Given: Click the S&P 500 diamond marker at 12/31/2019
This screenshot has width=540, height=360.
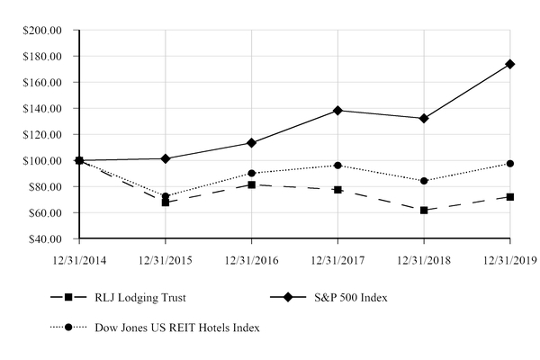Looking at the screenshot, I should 510,64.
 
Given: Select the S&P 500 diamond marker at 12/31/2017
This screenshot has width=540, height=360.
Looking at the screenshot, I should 337,110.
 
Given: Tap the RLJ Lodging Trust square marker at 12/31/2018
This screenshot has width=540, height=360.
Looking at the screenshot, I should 424,210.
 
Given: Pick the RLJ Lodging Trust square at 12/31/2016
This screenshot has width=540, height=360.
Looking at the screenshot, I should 251,184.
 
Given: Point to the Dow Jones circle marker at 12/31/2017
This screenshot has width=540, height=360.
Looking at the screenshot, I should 337,166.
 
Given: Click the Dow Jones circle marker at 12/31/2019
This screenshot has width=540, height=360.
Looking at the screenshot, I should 510,164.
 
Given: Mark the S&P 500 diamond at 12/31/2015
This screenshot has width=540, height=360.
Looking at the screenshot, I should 166,158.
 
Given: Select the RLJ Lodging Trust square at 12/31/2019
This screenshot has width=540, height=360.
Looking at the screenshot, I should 510,196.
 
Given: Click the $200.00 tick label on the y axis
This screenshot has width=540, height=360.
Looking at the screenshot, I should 41,30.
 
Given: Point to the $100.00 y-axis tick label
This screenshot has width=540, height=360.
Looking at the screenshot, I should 41,161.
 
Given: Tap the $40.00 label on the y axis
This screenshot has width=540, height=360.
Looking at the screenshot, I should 44,239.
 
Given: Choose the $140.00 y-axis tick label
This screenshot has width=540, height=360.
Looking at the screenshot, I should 41,109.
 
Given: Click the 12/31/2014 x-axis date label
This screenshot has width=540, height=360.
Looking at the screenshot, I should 79,261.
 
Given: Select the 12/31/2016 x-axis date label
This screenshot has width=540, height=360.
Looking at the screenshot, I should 251,261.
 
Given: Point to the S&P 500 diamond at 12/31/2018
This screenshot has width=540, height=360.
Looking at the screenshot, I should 424,118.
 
